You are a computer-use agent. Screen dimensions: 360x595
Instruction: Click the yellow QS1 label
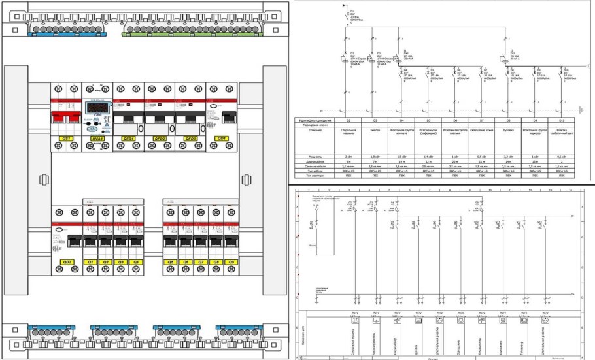tap(65, 139)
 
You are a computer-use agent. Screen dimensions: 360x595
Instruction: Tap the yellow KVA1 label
tap(97, 139)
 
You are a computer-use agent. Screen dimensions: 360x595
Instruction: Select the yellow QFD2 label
tap(159, 139)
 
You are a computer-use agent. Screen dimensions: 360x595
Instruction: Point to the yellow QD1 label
tap(222, 139)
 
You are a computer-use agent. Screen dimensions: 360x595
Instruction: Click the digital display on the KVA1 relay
tap(97, 107)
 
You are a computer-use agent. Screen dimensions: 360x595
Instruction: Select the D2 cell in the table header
tap(348, 121)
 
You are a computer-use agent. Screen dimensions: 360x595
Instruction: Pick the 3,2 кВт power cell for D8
tap(509, 157)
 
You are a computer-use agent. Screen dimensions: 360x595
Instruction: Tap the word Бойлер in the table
tap(375, 129)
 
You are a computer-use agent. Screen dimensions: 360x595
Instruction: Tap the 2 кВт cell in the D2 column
tap(348, 157)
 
